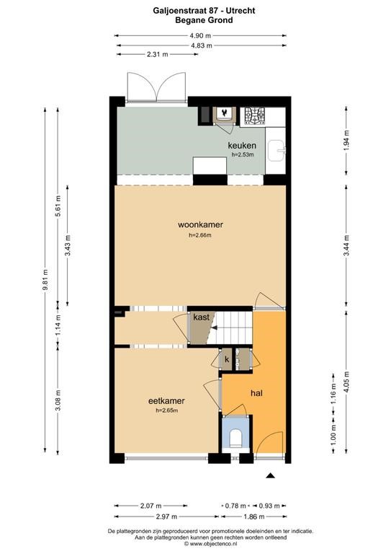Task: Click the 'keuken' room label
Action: (242, 145)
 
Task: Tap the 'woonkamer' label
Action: (200, 224)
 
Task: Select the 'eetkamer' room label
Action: (166, 400)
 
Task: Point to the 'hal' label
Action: (256, 393)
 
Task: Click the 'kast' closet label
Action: (202, 317)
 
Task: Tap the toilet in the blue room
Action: (235, 438)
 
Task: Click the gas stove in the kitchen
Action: (255, 116)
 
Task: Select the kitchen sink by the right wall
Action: (276, 151)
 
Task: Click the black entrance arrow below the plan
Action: (270, 475)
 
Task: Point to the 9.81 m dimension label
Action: (45, 280)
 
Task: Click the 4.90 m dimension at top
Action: (200, 35)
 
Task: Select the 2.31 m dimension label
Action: (157, 54)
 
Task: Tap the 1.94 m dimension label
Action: (346, 140)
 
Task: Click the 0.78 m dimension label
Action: (235, 506)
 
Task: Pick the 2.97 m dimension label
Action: (166, 516)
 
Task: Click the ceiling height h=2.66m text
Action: (200, 235)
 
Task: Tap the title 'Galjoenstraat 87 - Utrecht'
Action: (204, 11)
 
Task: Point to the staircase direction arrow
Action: (215, 328)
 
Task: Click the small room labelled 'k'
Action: (227, 360)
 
